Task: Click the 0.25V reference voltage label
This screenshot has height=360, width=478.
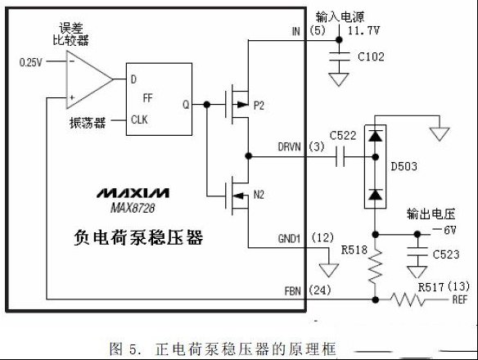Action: tap(30, 62)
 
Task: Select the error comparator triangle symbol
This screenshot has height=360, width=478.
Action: tap(89, 79)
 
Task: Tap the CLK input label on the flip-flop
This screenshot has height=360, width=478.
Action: tap(139, 119)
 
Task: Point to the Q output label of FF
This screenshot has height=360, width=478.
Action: tap(186, 105)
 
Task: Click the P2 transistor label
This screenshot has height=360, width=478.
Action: tap(259, 106)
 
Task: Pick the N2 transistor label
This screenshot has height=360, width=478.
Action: tap(259, 195)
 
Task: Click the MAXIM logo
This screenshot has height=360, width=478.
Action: tap(133, 193)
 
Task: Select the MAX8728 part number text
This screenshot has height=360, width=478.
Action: tap(133, 208)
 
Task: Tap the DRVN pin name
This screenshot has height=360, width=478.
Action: tap(289, 147)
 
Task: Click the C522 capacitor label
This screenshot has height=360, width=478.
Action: tap(343, 135)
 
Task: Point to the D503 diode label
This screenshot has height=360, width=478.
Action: tap(404, 166)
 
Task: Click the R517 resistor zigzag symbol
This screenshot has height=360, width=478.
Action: tap(407, 299)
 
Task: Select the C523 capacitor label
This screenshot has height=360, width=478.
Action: tap(446, 254)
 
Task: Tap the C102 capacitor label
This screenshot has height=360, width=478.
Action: tap(371, 56)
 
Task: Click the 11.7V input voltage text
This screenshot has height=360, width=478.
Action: tap(363, 30)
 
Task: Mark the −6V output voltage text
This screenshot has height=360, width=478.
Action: tap(444, 230)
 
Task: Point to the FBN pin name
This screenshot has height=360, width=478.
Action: tap(293, 291)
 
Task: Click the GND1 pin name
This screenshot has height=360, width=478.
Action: tap(289, 239)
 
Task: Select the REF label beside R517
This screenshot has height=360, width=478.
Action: tap(460, 299)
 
